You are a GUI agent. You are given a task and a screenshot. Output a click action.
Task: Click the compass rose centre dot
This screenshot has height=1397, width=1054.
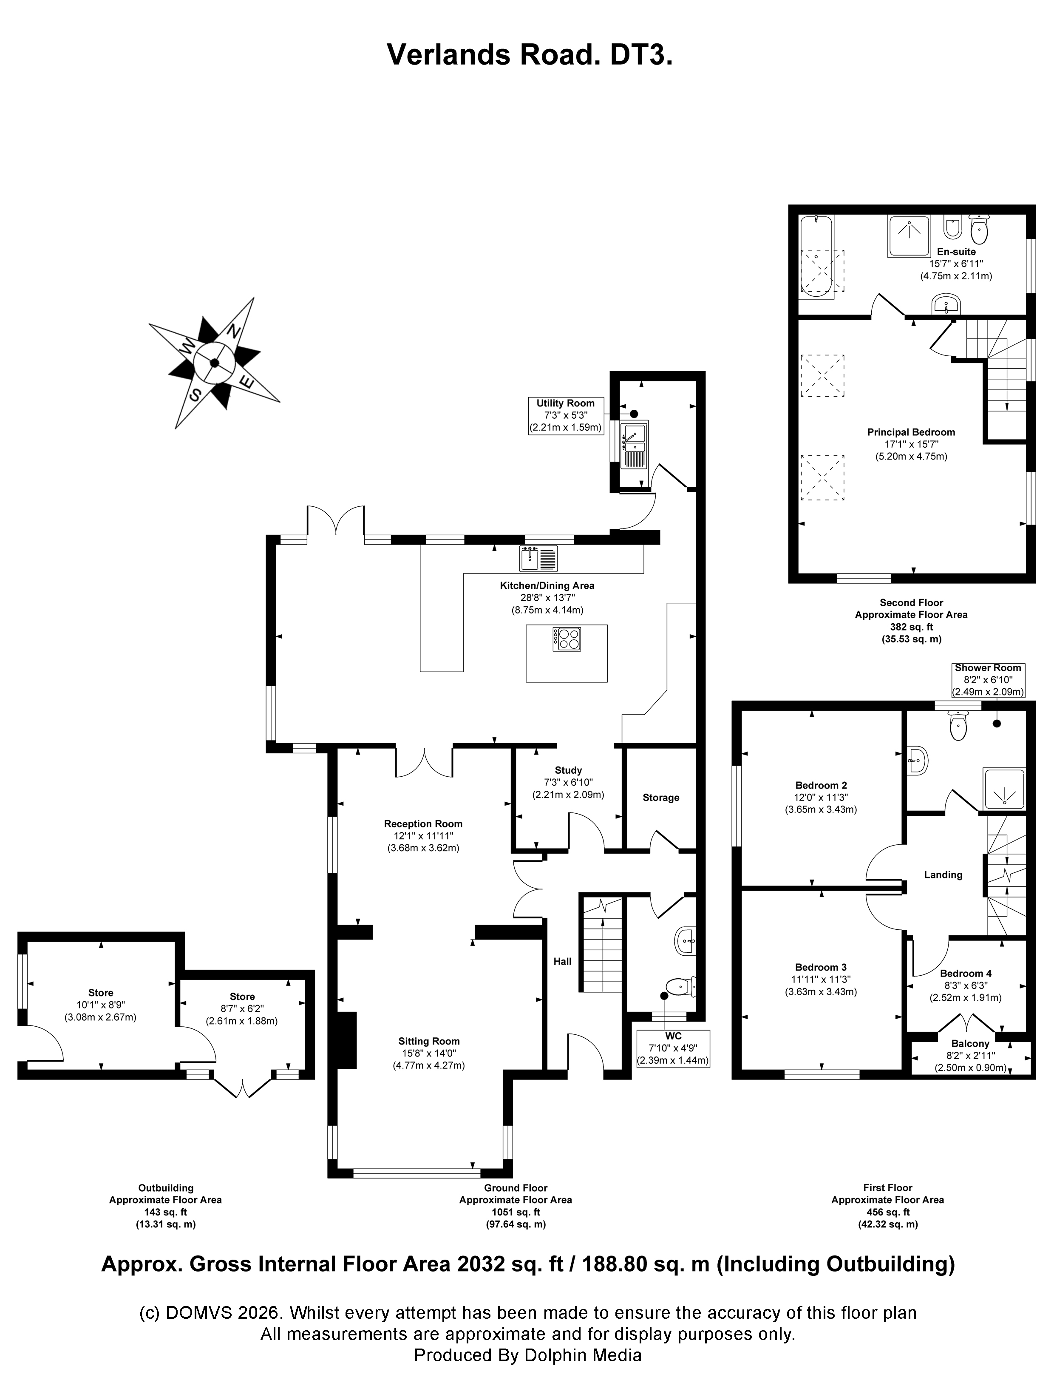215,363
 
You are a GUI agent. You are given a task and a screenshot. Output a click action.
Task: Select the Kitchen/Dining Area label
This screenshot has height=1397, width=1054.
547,585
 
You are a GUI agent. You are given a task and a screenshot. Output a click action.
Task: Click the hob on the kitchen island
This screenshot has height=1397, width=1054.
567,639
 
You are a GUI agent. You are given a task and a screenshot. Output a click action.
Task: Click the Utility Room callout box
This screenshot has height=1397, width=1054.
565,415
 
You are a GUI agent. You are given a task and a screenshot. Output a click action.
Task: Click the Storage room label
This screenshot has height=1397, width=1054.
660,798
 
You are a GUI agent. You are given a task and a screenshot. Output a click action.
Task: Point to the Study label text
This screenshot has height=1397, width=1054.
568,770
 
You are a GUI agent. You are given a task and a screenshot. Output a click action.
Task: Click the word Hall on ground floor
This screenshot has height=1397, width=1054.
562,961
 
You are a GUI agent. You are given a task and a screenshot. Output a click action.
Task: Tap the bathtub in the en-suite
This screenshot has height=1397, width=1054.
816,264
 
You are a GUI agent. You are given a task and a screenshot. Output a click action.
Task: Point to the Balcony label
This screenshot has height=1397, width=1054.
970,1044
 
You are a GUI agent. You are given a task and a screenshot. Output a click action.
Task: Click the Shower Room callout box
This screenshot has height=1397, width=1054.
988,679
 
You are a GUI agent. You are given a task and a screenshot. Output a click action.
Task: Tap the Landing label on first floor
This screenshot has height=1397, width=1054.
943,875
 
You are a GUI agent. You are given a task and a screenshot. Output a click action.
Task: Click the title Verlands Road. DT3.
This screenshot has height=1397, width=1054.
529,55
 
